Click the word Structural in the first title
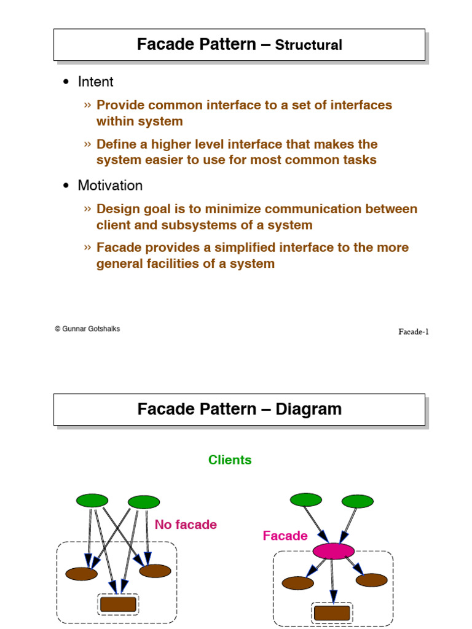(x=309, y=45)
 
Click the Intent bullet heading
(x=95, y=82)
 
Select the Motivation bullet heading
(x=110, y=186)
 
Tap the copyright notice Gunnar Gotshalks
(x=87, y=329)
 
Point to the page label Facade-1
(x=413, y=332)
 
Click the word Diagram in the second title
(x=309, y=409)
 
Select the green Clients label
(x=230, y=460)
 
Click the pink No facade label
(x=186, y=525)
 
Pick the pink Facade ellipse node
(x=333, y=551)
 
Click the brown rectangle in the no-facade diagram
(x=118, y=604)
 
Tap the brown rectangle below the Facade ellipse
(x=332, y=613)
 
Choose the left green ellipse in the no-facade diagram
(x=92, y=501)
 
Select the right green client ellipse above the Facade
(x=357, y=502)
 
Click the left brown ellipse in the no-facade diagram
(x=81, y=574)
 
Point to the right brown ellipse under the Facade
(x=372, y=580)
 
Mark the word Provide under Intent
(x=120, y=105)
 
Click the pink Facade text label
(x=285, y=536)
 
